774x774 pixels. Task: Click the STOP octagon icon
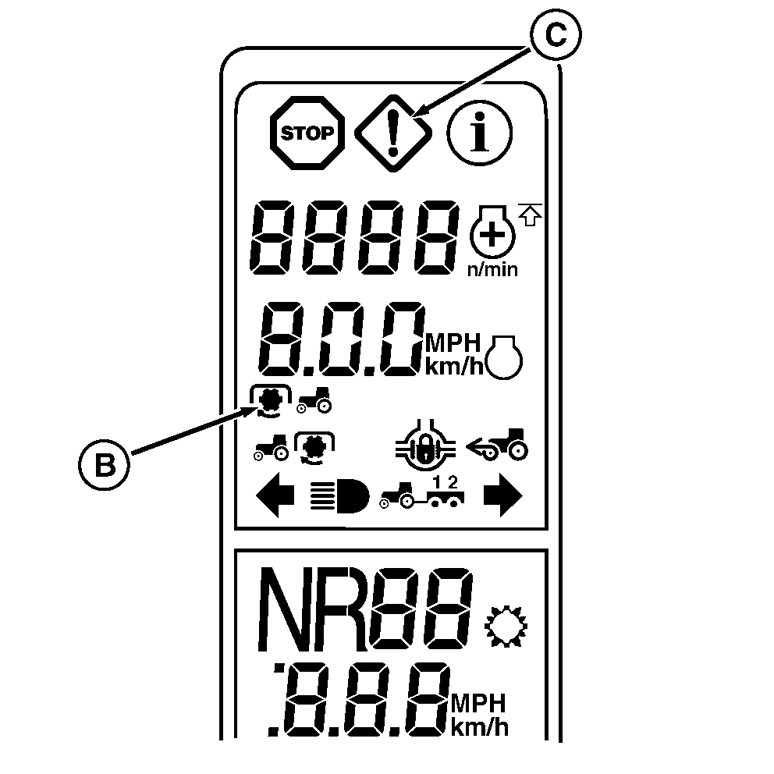pyautogui.click(x=307, y=133)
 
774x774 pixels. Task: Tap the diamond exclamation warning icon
pyautogui.click(x=394, y=133)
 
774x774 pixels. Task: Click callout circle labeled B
pyautogui.click(x=104, y=463)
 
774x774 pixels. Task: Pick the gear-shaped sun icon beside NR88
pyautogui.click(x=508, y=624)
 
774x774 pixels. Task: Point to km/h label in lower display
pyautogui.click(x=478, y=728)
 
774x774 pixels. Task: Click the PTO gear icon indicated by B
pyautogui.click(x=270, y=400)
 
